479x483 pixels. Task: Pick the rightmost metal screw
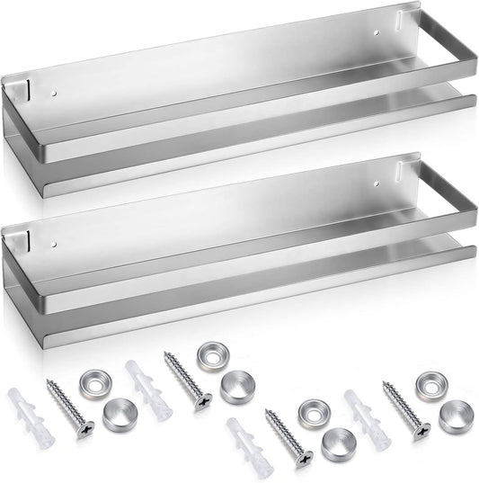tap(407, 408)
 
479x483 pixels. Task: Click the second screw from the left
tap(187, 379)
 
